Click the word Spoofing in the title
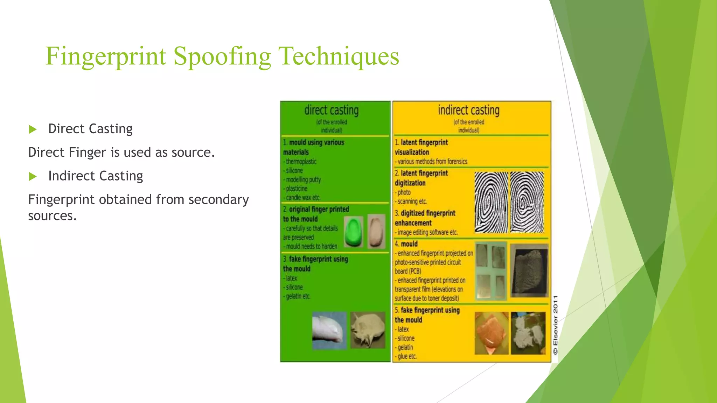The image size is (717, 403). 222,56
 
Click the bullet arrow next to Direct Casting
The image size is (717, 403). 33,129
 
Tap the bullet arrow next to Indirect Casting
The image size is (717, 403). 33,176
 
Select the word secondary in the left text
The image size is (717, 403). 218,200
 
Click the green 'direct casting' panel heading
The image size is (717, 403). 331,111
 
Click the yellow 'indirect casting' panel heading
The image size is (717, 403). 468,111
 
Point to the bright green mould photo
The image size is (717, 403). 353,232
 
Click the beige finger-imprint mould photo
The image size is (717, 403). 376,231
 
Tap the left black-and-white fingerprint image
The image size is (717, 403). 491,202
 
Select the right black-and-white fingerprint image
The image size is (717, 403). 527,202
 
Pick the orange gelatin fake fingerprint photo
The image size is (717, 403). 492,333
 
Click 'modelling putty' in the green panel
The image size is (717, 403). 303,180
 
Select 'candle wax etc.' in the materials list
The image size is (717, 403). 303,198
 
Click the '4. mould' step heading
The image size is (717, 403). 406,244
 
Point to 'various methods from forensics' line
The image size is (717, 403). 432,162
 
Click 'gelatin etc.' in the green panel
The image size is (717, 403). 298,296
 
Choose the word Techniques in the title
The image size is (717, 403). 338,56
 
